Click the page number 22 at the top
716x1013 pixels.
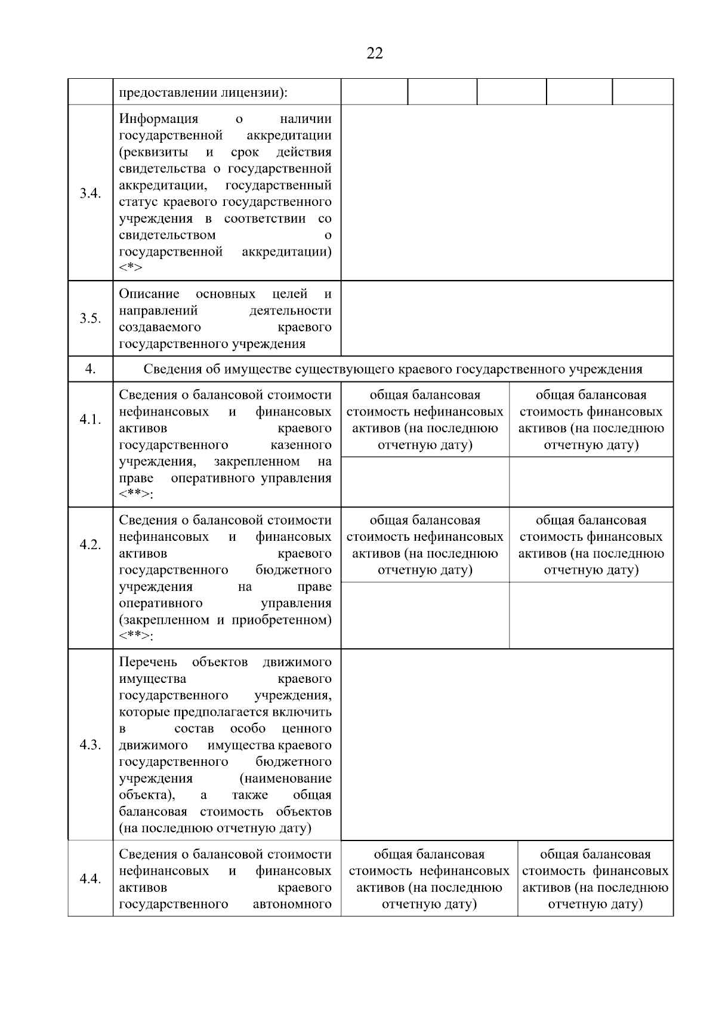coord(375,54)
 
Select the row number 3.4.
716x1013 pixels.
coord(90,193)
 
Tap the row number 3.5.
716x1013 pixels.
coord(90,318)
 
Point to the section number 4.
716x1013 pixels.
coord(90,369)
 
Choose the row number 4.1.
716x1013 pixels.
coord(90,420)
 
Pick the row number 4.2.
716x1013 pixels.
coord(90,545)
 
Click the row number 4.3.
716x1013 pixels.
coord(90,745)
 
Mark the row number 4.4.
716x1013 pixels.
coord(90,879)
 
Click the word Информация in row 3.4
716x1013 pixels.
coord(158,119)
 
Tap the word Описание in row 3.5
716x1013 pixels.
coord(149,294)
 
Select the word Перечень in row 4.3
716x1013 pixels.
coord(148,662)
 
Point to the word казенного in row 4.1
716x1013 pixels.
coord(301,445)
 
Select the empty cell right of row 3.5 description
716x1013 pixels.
coord(507,318)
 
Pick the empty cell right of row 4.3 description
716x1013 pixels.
coord(507,745)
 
